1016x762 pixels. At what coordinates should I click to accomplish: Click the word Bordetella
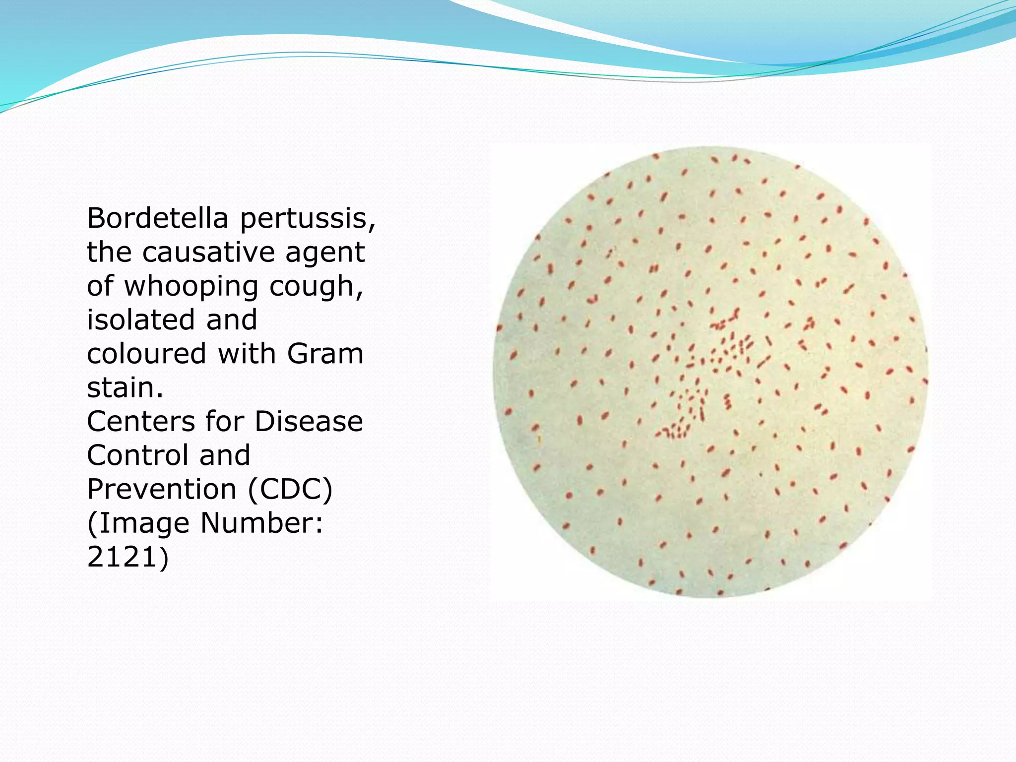pyautogui.click(x=158, y=218)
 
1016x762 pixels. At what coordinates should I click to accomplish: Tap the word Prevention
pyautogui.click(x=162, y=489)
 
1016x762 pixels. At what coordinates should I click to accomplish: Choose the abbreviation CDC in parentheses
pyautogui.click(x=290, y=489)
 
